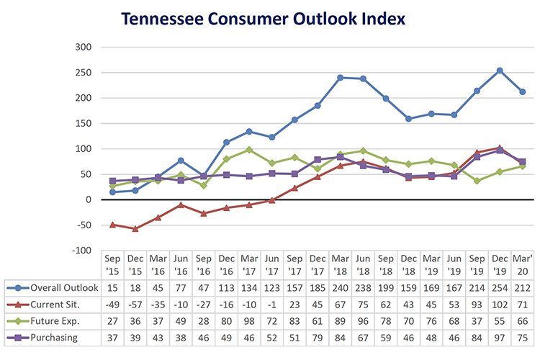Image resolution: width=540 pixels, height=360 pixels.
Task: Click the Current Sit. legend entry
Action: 48,305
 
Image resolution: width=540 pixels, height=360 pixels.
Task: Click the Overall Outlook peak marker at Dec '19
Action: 499,71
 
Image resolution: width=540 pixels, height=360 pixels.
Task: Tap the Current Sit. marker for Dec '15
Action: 135,228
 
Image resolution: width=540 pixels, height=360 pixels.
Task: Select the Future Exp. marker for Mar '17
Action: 249,150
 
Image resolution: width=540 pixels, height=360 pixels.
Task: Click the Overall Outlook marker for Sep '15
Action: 112,192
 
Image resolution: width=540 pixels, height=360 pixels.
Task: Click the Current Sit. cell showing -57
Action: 135,305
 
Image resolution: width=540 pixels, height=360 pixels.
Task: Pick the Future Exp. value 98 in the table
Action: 249,320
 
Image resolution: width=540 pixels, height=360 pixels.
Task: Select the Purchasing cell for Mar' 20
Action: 522,336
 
